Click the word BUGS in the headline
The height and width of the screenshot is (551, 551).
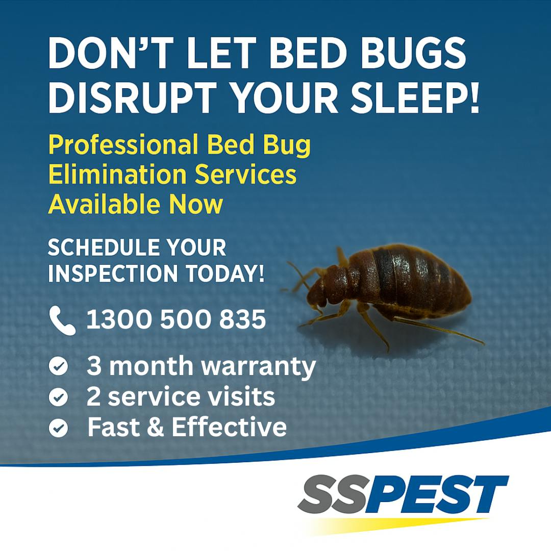click(x=413, y=54)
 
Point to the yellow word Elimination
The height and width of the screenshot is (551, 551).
click(x=117, y=174)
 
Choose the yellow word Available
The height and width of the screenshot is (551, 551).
click(x=104, y=204)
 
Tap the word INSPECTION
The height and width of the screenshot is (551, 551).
click(x=113, y=273)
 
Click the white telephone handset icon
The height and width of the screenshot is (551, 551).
click(x=62, y=320)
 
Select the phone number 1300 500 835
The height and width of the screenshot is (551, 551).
click(x=176, y=319)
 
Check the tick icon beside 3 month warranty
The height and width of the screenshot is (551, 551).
click(x=58, y=366)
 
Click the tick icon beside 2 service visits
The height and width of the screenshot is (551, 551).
click(x=58, y=397)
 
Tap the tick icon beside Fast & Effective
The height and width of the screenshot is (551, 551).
click(x=58, y=428)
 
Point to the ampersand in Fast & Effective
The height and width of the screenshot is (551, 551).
click(x=155, y=428)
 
